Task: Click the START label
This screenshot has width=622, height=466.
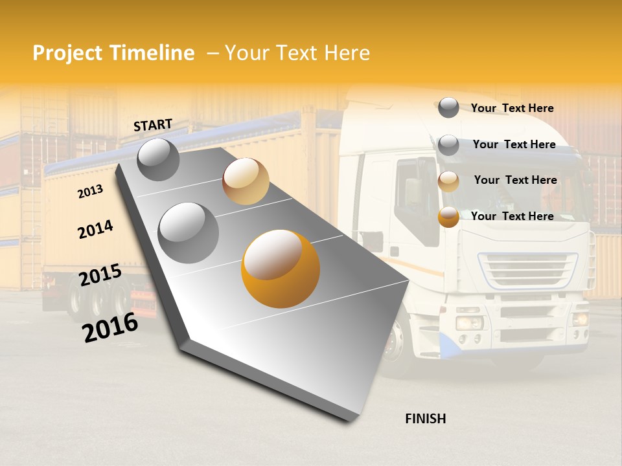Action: click(153, 125)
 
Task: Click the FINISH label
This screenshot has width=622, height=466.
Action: click(425, 419)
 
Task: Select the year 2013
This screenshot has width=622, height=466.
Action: click(90, 192)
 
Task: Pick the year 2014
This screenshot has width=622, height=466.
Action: click(95, 230)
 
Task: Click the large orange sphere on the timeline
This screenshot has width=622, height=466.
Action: click(281, 269)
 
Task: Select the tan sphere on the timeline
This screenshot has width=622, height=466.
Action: click(246, 181)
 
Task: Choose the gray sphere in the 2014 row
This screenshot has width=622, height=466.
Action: click(189, 232)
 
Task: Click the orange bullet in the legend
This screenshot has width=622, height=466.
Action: click(448, 217)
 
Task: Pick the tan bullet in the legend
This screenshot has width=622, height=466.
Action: click(448, 181)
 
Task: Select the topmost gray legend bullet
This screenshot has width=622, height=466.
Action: click(448, 107)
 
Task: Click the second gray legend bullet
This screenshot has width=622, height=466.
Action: click(448, 145)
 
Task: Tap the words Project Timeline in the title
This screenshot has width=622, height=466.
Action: click(113, 53)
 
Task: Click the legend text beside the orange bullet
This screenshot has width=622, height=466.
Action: click(512, 216)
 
